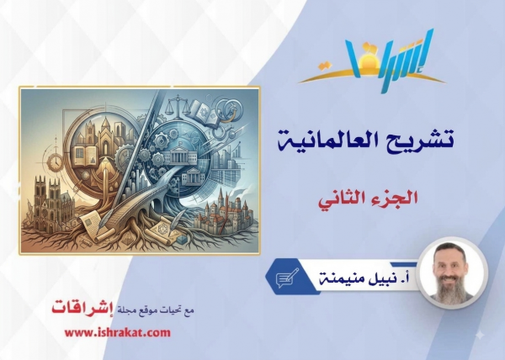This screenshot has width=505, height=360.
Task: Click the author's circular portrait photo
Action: [451, 274]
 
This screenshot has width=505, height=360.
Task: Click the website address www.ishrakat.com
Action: [118, 332]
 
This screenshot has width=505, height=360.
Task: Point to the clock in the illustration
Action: [55, 161]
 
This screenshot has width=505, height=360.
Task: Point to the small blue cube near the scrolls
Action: [182, 239]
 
